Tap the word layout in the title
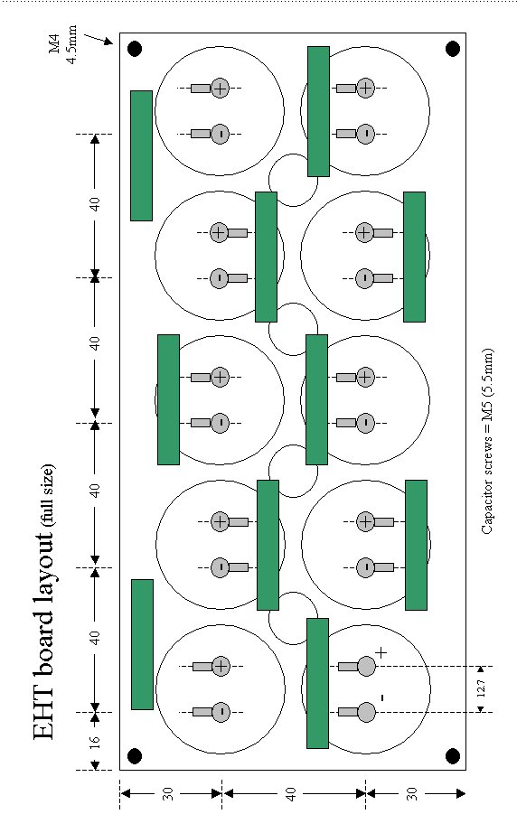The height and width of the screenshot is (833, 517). pos(43,562)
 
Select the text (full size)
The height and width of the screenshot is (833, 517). pos(48,495)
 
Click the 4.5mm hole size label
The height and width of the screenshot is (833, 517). pos(71,44)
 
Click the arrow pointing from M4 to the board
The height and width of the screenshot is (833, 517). pos(99,39)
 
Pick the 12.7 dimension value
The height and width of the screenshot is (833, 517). pos(481,688)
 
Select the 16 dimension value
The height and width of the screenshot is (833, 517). pos(94,742)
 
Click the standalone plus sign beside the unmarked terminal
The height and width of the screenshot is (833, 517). pos(381,652)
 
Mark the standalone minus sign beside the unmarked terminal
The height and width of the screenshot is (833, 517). pos(382,697)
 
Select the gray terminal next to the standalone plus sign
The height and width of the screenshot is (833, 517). pos(367,666)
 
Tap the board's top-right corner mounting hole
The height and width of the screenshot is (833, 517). pos(453,49)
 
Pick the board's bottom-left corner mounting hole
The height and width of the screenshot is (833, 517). pos(135,755)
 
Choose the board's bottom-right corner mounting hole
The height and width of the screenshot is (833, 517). pos(453,755)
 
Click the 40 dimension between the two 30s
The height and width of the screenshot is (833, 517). pos(290,794)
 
